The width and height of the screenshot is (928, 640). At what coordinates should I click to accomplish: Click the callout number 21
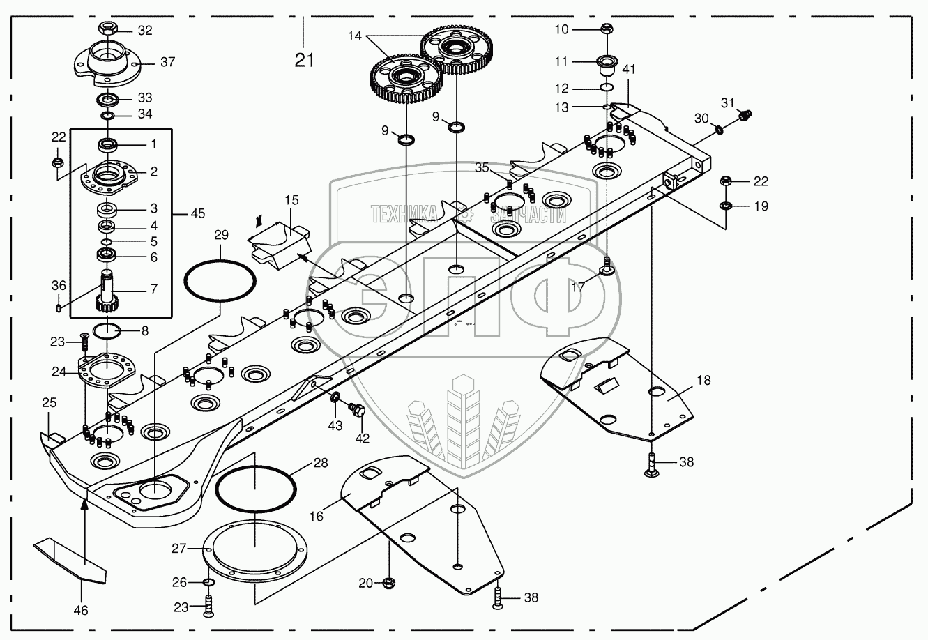(304, 60)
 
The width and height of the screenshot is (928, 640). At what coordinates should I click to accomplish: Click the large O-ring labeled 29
(219, 280)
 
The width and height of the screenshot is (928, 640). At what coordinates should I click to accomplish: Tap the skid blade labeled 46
(70, 558)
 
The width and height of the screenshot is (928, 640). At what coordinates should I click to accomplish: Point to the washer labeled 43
(335, 397)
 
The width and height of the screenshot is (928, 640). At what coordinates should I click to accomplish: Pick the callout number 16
(317, 516)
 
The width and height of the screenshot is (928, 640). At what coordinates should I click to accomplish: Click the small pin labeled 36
(59, 305)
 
